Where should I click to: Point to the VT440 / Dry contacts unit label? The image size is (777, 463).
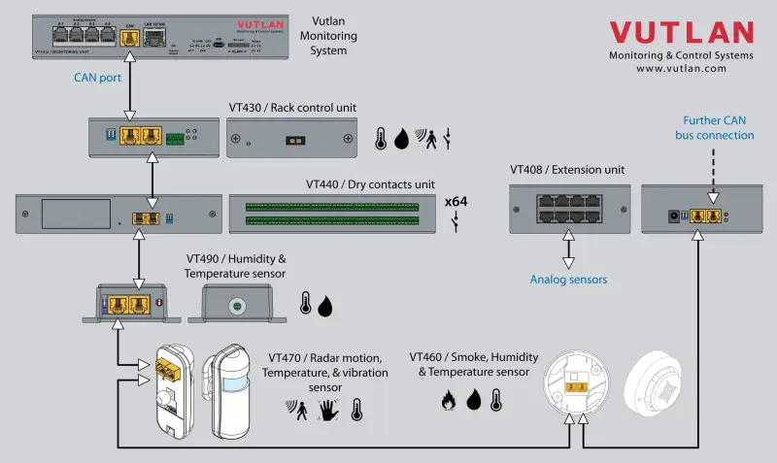370,183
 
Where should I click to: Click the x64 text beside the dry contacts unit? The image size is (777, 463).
456,202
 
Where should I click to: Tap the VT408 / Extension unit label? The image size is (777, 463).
567,170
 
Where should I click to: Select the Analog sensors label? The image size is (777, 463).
568,280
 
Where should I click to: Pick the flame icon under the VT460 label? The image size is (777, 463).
449,399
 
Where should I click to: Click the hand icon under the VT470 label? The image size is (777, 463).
329,410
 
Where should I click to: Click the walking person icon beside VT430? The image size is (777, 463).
427,139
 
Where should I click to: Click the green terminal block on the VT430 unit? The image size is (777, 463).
175,139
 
